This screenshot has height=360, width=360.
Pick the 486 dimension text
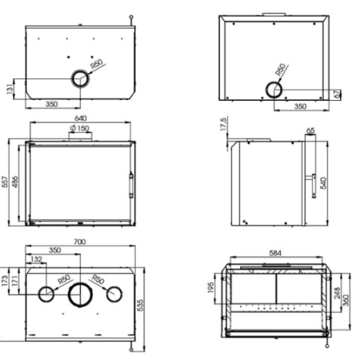coord(15,182)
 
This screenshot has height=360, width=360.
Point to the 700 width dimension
coord(79,241)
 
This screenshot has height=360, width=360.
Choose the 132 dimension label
coord(36,259)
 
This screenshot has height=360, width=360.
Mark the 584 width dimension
coord(275,254)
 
